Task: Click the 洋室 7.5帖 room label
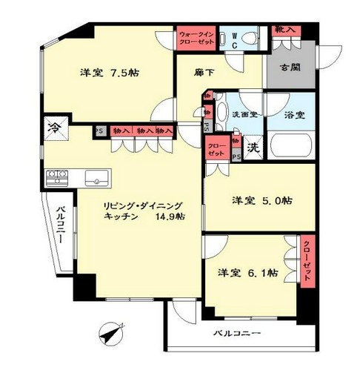(110, 73)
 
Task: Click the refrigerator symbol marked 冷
(55, 128)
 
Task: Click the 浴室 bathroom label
(293, 115)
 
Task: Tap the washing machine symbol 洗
(253, 145)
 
